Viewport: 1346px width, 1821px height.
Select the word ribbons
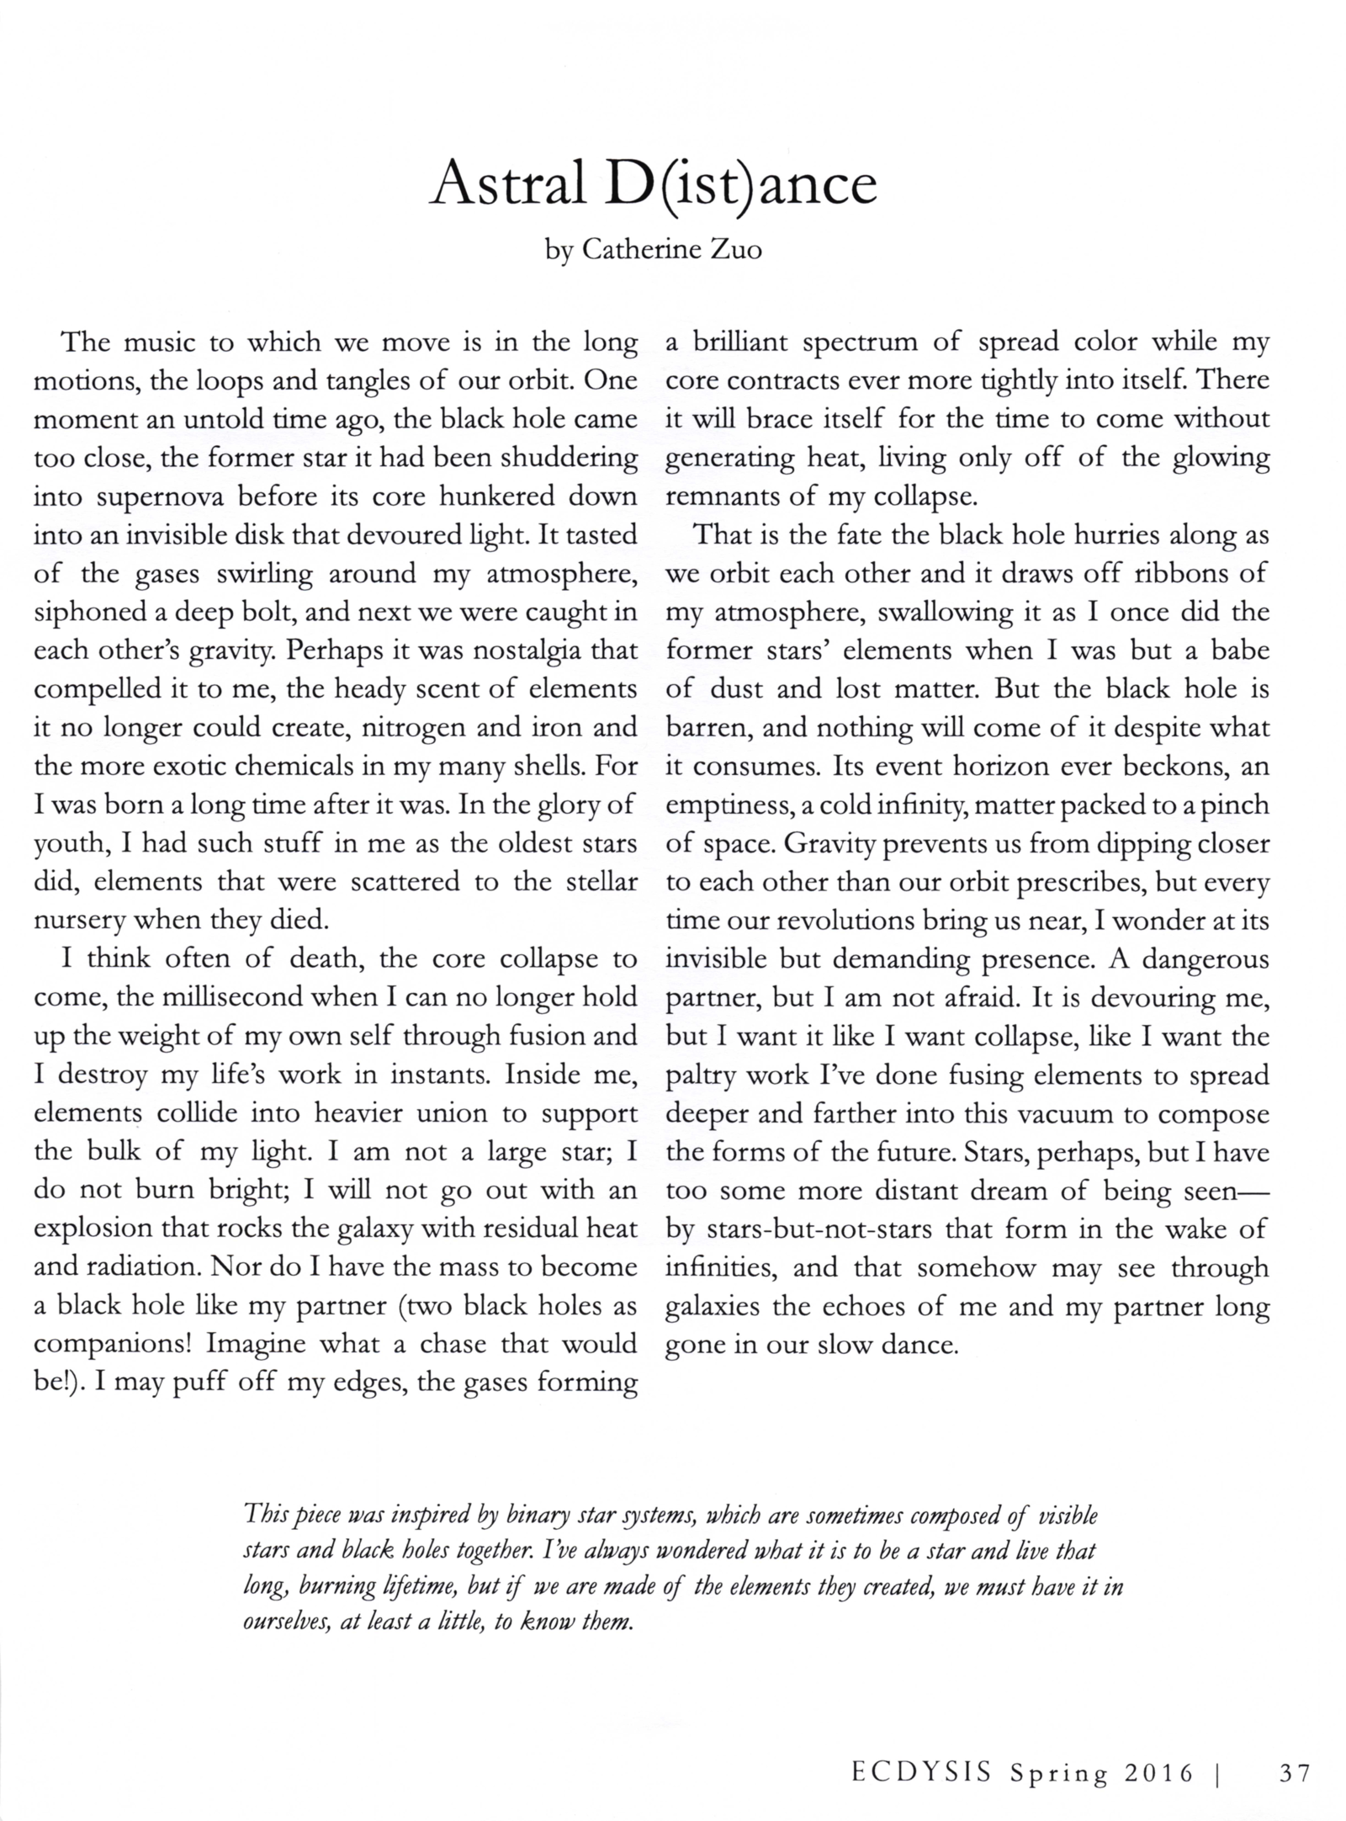(1188, 575)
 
